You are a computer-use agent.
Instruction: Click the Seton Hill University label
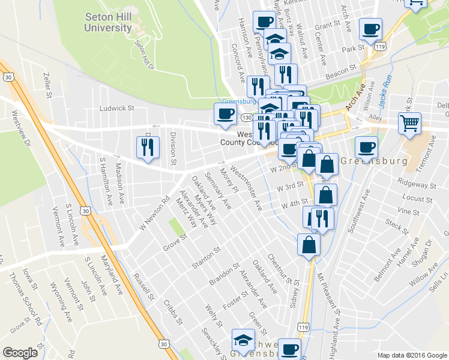pos(108,22)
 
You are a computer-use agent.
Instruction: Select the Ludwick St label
pos(116,109)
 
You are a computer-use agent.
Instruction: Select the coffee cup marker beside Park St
pos(370,29)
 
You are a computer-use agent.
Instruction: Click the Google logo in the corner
pos(20,353)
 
